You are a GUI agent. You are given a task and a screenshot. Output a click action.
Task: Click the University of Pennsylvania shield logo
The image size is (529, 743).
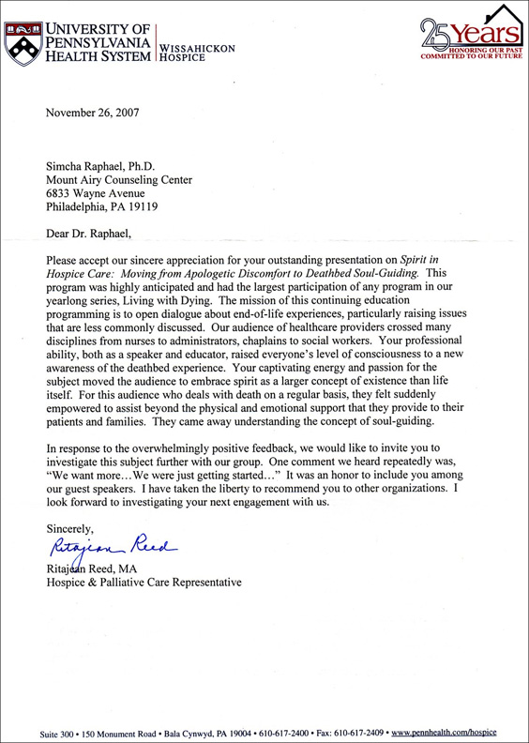[23, 40]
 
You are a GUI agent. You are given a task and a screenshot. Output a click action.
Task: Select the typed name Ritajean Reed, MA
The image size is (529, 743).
[100, 567]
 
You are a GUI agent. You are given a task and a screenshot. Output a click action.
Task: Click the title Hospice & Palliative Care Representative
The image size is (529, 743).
[144, 582]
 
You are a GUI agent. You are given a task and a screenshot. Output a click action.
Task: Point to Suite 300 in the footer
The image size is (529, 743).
[62, 730]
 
